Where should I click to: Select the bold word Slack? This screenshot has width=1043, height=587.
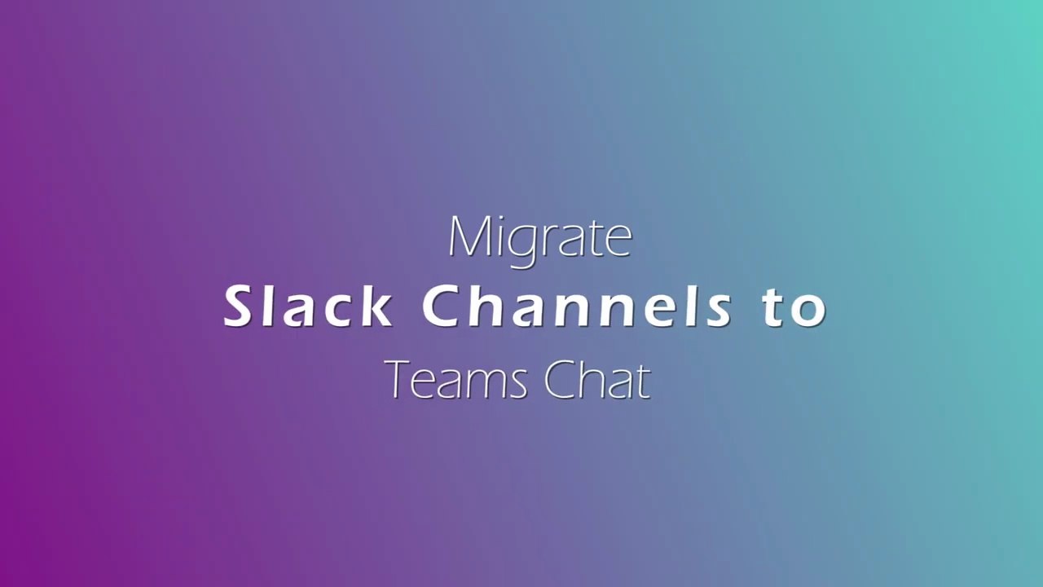307,307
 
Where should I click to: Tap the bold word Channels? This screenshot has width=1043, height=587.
576,307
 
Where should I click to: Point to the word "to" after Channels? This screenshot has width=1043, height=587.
795,308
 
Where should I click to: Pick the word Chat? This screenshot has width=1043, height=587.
597,380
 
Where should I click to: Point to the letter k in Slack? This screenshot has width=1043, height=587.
376,307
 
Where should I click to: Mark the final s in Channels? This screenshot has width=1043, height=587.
719,311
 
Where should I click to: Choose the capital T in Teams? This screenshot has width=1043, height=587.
397,380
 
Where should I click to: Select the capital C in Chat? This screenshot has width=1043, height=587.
560,380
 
